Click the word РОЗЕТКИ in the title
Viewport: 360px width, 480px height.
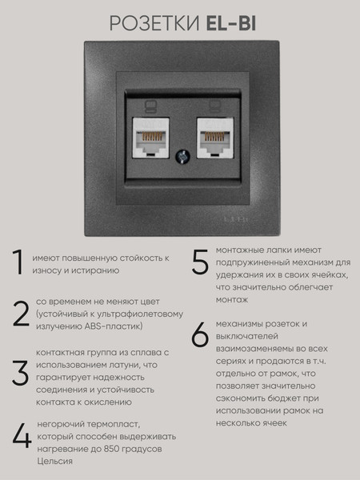(155, 24)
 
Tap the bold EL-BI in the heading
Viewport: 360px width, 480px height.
(231, 24)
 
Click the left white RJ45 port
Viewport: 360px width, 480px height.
(150, 138)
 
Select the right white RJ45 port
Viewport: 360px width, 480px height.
(215, 138)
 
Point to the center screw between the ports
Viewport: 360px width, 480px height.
(182, 157)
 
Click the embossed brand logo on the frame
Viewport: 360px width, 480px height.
(235, 219)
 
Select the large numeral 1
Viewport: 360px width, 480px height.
(18, 262)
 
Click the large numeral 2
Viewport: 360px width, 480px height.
(21, 314)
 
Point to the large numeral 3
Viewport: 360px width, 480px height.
(21, 373)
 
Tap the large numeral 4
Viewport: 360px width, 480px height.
(22, 436)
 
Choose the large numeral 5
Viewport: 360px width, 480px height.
(200, 262)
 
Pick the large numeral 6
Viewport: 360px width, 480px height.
(200, 334)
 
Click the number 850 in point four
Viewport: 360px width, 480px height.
(111, 449)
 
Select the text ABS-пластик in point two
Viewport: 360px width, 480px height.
(113, 326)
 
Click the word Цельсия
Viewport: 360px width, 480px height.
(54, 462)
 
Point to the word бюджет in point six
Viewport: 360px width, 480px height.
(283, 398)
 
